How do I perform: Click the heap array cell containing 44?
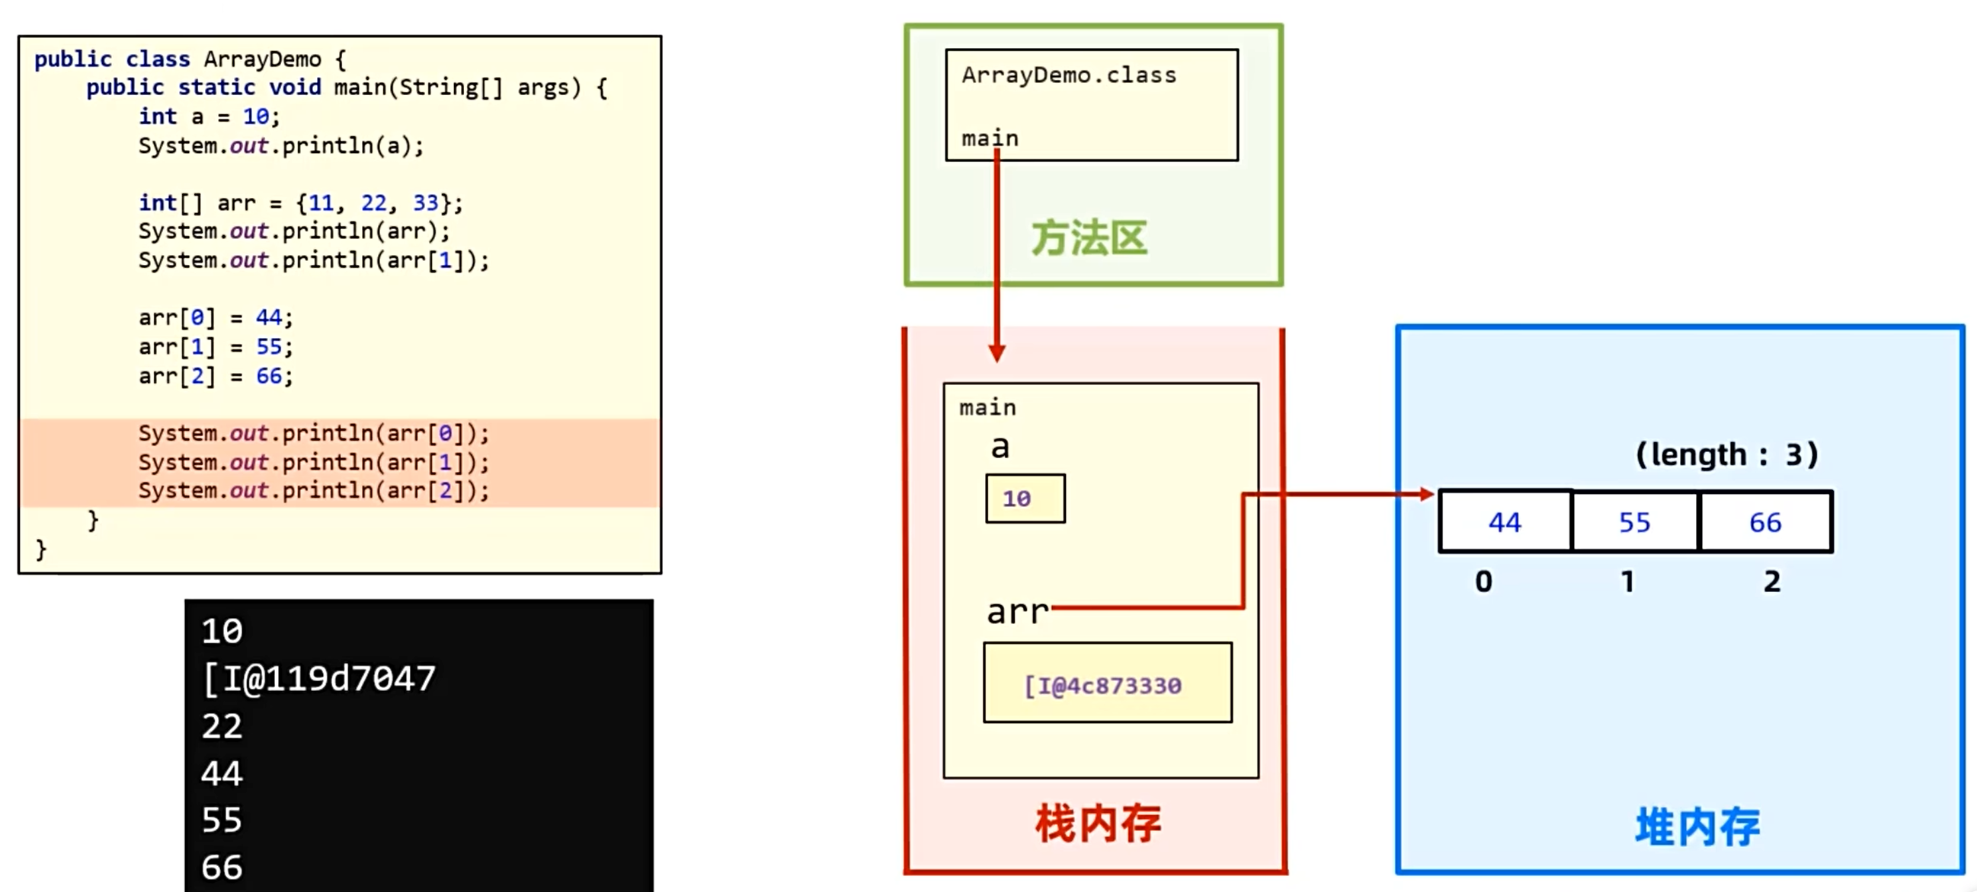click(x=1504, y=522)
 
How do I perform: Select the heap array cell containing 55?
click(x=1635, y=522)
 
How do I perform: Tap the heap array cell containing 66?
click(x=1765, y=522)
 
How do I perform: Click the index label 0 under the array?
click(x=1483, y=581)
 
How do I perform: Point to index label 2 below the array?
click(x=1771, y=581)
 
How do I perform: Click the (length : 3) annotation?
click(x=1727, y=455)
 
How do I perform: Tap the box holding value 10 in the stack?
click(x=1025, y=499)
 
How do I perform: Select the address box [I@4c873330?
click(x=1107, y=683)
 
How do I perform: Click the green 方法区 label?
click(x=1089, y=237)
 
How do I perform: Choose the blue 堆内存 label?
click(x=1697, y=827)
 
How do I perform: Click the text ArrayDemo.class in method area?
click(x=1068, y=75)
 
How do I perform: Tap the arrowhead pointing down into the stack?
click(x=997, y=354)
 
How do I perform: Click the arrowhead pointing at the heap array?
click(x=1427, y=495)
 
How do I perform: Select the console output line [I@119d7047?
click(x=318, y=679)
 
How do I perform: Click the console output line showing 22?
click(x=222, y=726)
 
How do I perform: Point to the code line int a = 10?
click(x=209, y=116)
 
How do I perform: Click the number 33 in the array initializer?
click(x=425, y=203)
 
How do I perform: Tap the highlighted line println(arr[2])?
click(x=313, y=491)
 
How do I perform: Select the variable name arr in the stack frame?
click(x=1017, y=612)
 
